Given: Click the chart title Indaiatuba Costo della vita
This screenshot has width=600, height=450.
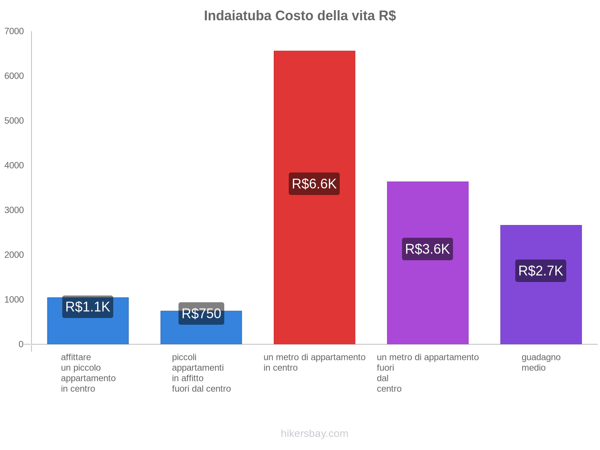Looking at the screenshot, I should (300, 16).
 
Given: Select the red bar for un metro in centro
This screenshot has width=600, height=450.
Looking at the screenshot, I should (314, 112).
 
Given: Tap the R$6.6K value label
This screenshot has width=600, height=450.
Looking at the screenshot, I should (314, 184).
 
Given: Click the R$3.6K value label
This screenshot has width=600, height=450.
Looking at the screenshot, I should (427, 249).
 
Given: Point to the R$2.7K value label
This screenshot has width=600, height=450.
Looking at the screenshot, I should (540, 271).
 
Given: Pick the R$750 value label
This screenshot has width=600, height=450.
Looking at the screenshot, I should (201, 313).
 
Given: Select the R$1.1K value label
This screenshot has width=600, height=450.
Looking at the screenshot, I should (88, 307).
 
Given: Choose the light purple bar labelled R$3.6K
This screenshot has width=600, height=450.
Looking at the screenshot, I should (427, 210).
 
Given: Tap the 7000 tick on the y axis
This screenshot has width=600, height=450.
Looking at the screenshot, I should (14, 31).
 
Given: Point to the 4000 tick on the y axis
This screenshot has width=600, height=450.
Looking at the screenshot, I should (14, 165).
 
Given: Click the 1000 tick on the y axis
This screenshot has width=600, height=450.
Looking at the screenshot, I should (14, 300).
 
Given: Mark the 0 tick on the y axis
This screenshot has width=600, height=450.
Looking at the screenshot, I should (21, 344).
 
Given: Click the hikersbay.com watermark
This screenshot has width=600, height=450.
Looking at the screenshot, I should (314, 433).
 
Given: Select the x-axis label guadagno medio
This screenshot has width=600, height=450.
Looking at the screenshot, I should (541, 362).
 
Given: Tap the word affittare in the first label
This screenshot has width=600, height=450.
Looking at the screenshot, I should (76, 357).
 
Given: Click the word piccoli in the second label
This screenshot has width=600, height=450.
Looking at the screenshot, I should (184, 357).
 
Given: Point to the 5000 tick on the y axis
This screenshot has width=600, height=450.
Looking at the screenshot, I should (14, 121).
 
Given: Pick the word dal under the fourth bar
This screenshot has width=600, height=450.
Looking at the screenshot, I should (382, 378).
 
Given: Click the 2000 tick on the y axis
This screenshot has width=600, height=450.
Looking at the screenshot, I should (14, 255).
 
